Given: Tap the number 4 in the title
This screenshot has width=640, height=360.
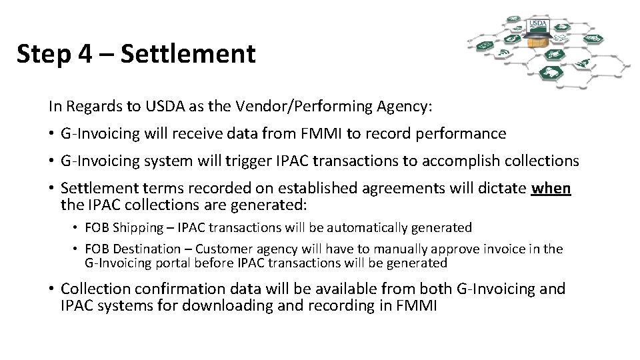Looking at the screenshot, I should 85,53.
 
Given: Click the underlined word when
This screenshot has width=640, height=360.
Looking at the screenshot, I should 551,188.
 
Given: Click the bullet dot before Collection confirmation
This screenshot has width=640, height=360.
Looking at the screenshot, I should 52,289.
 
